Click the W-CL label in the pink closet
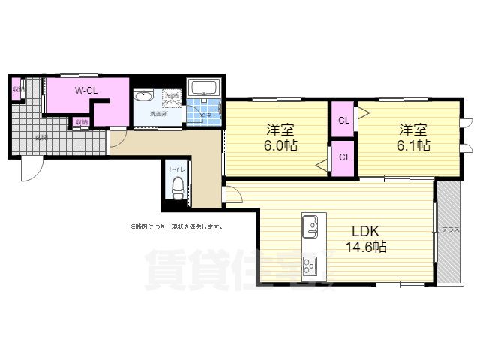click(x=85, y=91)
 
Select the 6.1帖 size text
click(x=413, y=145)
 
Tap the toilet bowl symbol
click(x=177, y=190)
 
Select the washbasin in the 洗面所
click(x=143, y=96)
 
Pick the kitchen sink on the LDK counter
click(x=311, y=224)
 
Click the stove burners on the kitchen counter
click(x=311, y=265)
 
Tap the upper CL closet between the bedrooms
click(x=343, y=120)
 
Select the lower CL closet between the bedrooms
click(x=343, y=157)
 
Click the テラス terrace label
click(x=450, y=229)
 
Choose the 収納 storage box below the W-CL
click(x=80, y=122)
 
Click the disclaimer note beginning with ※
click(x=175, y=226)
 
